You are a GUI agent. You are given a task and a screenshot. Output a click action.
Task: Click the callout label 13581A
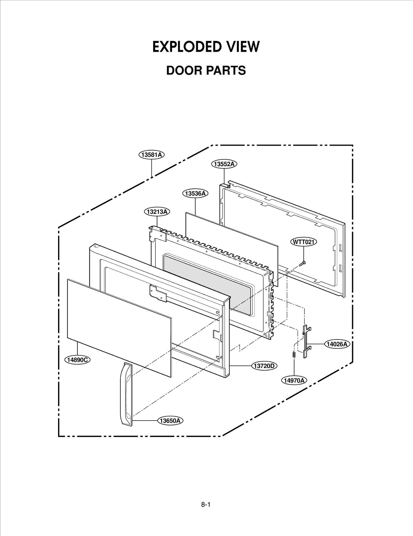click(x=152, y=155)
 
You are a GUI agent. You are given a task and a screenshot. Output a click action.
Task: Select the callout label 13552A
click(x=224, y=164)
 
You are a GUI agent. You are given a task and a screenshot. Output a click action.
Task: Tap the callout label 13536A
click(x=195, y=193)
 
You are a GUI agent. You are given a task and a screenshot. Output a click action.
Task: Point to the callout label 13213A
click(x=157, y=212)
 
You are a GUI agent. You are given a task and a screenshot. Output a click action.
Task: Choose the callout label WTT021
click(x=304, y=242)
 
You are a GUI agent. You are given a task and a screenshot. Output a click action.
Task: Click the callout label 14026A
click(x=337, y=344)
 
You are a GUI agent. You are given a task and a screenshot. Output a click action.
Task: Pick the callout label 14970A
click(x=294, y=380)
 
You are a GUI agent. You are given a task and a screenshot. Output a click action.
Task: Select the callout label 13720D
click(x=264, y=366)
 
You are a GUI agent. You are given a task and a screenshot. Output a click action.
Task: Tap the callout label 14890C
click(x=77, y=360)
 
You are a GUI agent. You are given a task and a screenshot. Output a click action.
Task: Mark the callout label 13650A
click(x=170, y=421)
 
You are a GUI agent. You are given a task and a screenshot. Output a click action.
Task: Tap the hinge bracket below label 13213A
click(x=158, y=234)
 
